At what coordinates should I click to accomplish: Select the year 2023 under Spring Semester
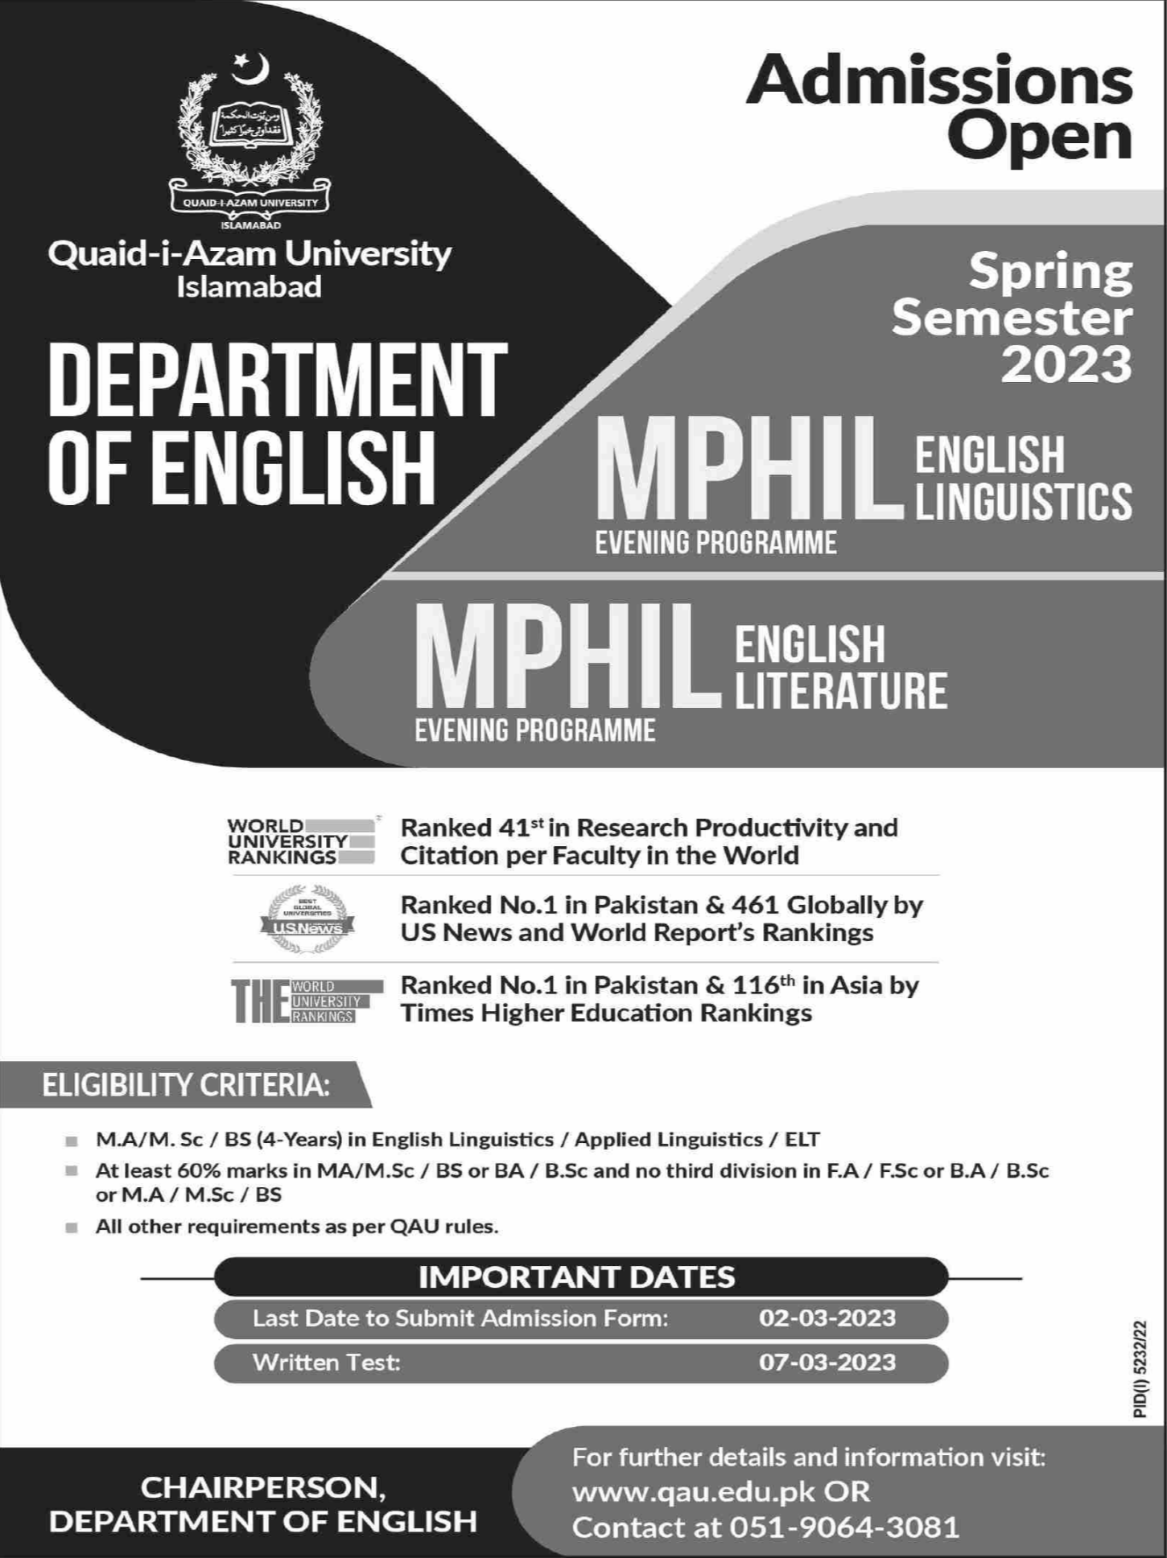pos(1066,364)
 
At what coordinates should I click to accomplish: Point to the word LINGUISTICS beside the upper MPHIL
pos(1023,501)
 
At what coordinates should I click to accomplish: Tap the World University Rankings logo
pos(300,841)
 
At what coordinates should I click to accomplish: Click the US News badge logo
pos(307,919)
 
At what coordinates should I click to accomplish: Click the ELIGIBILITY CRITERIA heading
pos(186,1086)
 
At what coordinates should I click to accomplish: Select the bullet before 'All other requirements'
pos(72,1228)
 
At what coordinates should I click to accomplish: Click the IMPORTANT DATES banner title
pos(576,1276)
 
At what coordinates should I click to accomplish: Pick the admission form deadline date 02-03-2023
pos(827,1318)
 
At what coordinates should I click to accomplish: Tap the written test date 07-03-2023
pos(827,1362)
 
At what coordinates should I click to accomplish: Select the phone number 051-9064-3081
pos(844,1527)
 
